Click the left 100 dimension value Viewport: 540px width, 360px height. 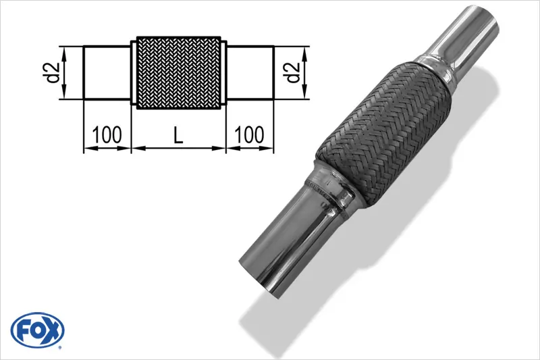pos(107,135)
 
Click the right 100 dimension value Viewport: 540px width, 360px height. pos(250,135)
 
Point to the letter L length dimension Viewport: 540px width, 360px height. pos(178,135)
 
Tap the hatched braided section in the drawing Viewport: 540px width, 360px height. pos(179,72)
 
